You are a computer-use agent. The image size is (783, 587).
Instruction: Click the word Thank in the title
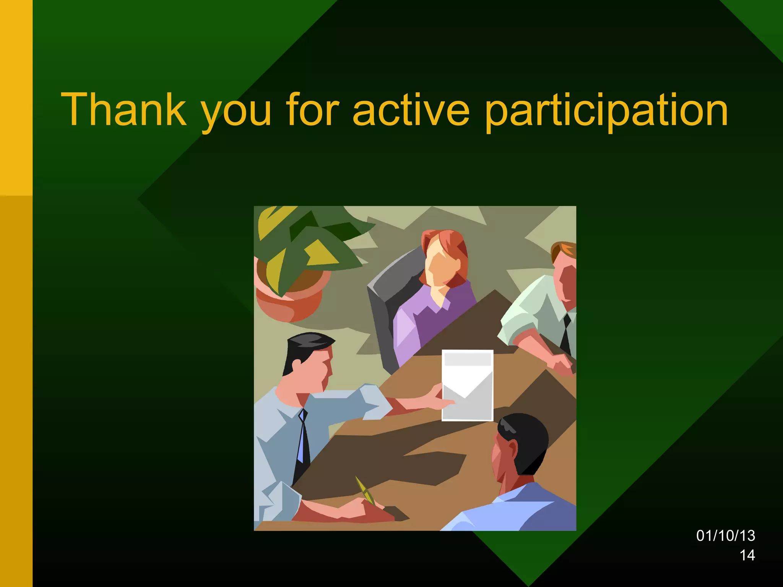pos(124,109)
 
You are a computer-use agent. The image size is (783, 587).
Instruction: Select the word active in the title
pos(411,109)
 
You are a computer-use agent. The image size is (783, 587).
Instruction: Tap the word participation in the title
pos(606,111)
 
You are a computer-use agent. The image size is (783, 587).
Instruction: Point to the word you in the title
pos(236,113)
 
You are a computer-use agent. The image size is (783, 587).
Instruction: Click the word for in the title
pos(312,109)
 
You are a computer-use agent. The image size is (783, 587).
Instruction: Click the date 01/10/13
pos(725,536)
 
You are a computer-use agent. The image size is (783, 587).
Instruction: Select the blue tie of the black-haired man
pos(303,436)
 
